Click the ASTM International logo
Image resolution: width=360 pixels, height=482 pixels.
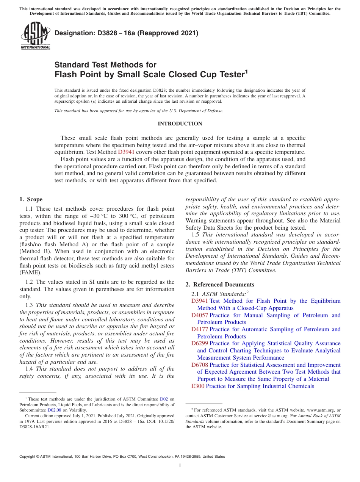pyautogui.click(x=35, y=36)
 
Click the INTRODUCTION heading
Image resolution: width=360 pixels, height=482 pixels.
pyautogui.click(x=180, y=124)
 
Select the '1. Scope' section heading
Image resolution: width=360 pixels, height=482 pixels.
pyautogui.click(x=31, y=199)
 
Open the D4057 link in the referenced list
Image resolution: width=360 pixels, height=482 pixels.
pyautogui.click(x=200, y=315)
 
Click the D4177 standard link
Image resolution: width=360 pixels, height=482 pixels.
pyautogui.click(x=200, y=329)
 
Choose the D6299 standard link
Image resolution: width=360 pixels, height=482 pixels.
pyautogui.click(x=200, y=343)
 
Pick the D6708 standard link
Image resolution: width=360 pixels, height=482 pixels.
pyautogui.click(x=200, y=365)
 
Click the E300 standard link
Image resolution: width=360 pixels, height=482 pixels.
pyautogui.click(x=198, y=386)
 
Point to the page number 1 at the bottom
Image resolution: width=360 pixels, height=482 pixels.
pyautogui.click(x=180, y=465)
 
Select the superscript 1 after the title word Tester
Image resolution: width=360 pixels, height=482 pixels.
pyautogui.click(x=246, y=71)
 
